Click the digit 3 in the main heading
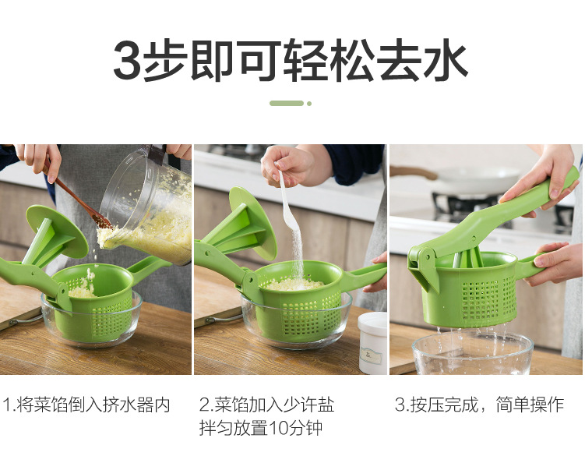tap(128, 60)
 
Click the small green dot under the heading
tap(309, 104)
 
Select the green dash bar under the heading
tap(287, 104)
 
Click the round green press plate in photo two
tap(252, 223)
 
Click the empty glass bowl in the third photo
tap(473, 354)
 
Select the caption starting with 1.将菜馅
tap(86, 405)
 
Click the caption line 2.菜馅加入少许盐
tap(266, 405)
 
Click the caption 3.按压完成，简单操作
tap(479, 405)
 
